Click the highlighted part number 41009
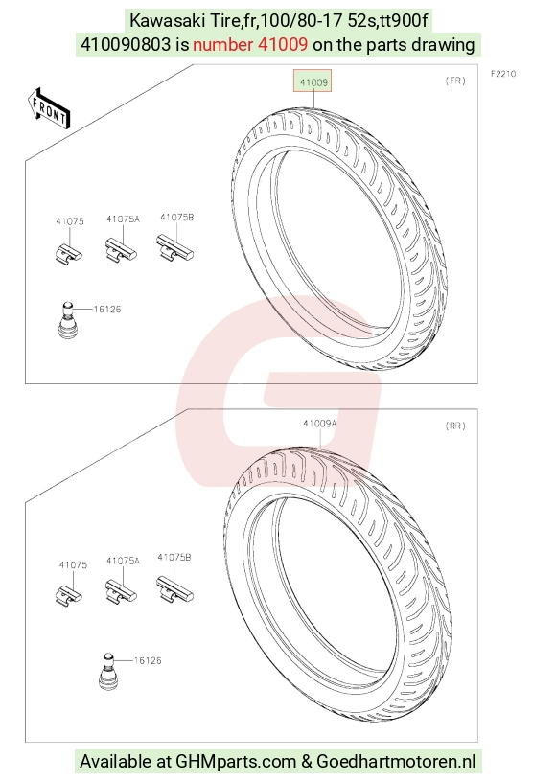[x=313, y=81]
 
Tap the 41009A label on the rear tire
[x=319, y=424]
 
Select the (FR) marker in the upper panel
[x=455, y=80]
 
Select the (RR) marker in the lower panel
[x=454, y=425]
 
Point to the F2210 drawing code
[x=502, y=74]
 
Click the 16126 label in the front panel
[x=107, y=310]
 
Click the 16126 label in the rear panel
[x=148, y=661]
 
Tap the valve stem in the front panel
[x=66, y=320]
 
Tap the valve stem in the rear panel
[x=107, y=671]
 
